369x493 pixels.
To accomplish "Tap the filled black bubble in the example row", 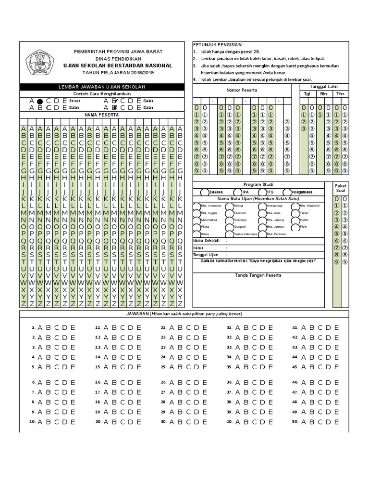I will coord(40,101).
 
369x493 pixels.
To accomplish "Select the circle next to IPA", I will coord(237,192).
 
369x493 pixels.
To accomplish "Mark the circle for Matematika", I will coord(197,220).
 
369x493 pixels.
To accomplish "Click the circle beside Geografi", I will coord(229,226).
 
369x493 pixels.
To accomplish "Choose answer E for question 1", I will coord(73,327).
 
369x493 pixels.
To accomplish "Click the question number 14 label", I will coord(98,357).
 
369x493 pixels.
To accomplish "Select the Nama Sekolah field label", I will coord(206,241).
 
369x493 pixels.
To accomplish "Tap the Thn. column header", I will coord(341,93).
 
